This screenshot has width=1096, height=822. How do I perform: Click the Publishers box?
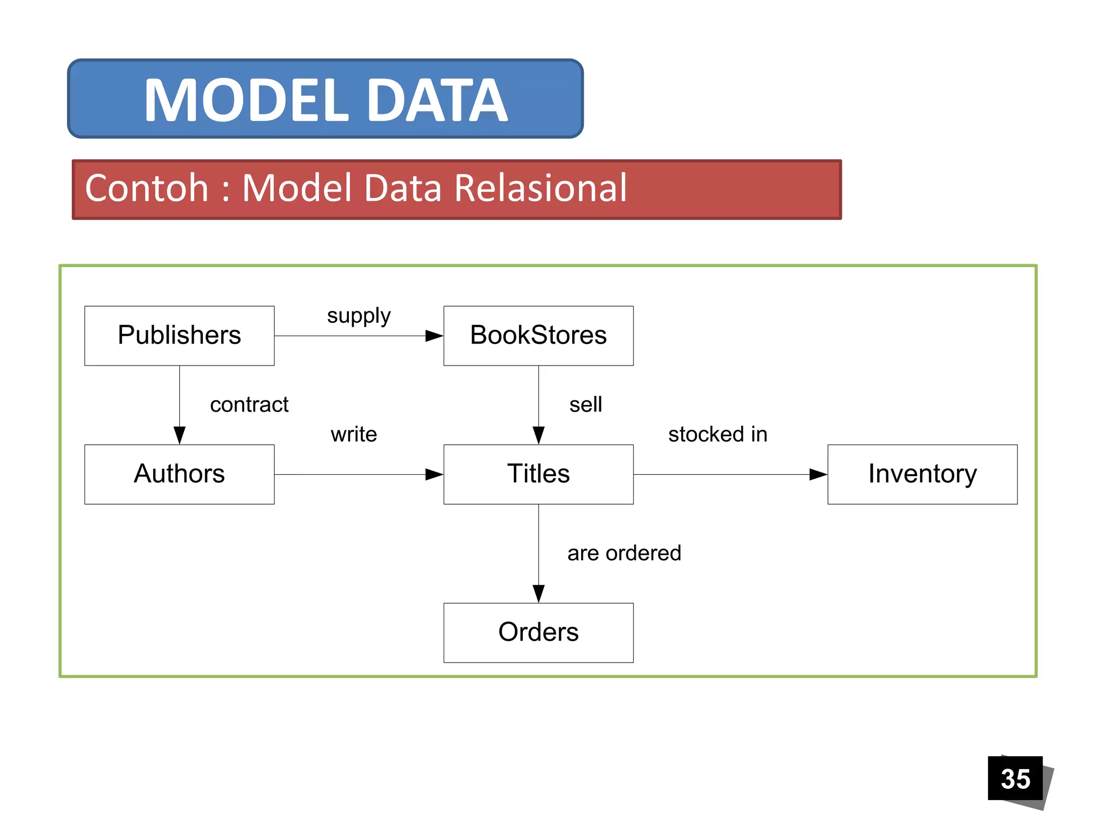click(179, 336)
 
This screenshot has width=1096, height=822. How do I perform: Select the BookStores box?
click(538, 336)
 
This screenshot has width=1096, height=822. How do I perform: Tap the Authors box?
click(179, 474)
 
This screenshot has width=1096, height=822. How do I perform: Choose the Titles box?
click(538, 474)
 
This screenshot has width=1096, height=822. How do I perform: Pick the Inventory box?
click(922, 474)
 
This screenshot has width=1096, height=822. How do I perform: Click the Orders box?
click(538, 633)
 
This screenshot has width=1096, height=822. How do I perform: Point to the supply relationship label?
click(359, 316)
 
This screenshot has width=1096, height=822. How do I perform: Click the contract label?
click(249, 405)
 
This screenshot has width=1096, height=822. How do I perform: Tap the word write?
click(354, 434)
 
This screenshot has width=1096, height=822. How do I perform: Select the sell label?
click(585, 405)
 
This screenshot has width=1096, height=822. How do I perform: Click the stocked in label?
click(718, 434)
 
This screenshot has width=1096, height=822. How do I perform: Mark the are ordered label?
click(624, 553)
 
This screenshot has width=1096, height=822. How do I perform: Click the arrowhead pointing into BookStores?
click(434, 336)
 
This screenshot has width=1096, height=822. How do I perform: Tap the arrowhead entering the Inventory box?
click(818, 474)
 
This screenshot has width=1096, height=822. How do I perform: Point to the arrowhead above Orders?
click(538, 593)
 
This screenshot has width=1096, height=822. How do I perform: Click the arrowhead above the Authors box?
click(180, 435)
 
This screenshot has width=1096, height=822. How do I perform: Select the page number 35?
click(1015, 779)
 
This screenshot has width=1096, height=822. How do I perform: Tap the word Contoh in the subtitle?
click(147, 188)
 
